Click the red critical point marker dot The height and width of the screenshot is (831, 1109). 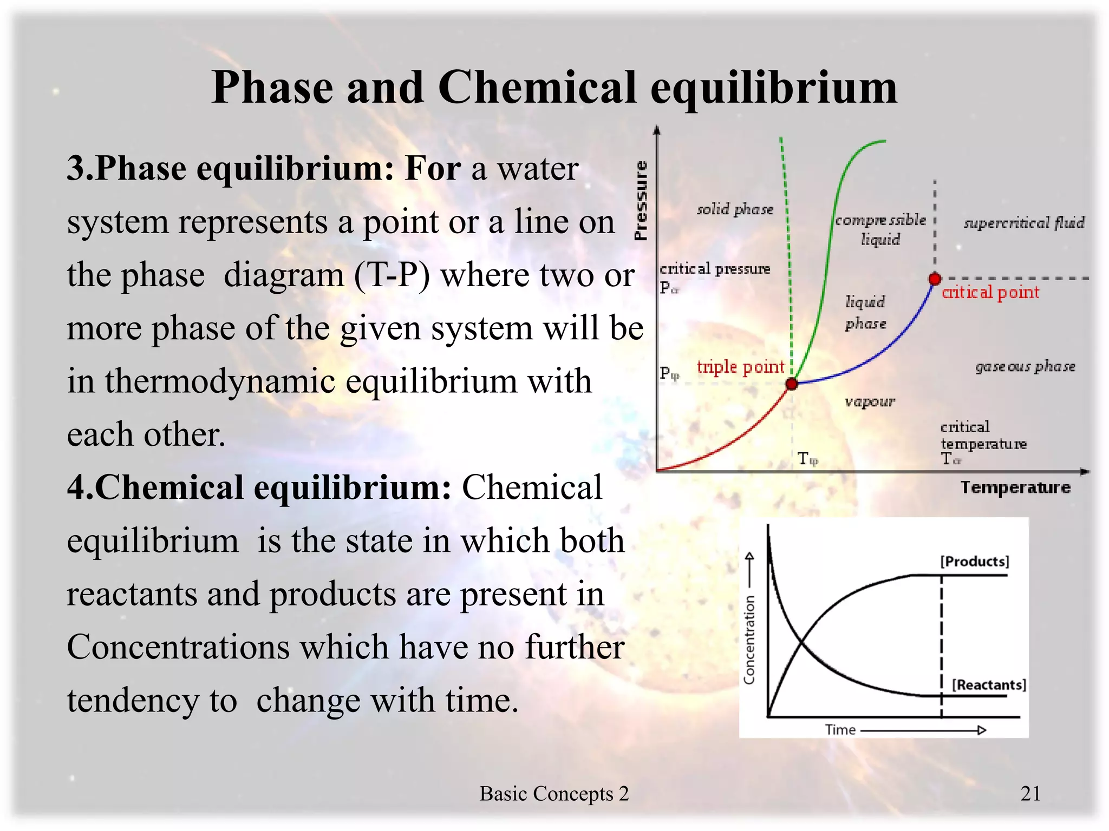(935, 279)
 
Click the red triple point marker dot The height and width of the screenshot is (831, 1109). (792, 384)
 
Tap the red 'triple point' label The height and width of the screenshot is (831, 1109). (740, 367)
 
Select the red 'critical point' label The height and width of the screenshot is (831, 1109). (990, 293)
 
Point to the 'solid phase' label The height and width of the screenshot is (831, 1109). (735, 209)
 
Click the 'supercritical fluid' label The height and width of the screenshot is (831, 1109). (1024, 222)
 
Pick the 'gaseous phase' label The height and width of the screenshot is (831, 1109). (1025, 367)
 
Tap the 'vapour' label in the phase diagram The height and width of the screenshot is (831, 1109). (870, 401)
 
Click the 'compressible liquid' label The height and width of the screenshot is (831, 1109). (880, 229)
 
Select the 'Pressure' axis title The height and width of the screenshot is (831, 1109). (641, 200)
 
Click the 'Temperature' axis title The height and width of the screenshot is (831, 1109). (1015, 487)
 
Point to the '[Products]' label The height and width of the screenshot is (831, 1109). (975, 561)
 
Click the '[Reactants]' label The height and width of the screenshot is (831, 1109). (989, 685)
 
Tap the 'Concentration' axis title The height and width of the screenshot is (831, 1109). (749, 639)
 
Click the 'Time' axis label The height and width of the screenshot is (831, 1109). (840, 730)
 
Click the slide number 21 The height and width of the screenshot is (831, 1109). (1030, 794)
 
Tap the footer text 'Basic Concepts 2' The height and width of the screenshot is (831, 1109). (554, 794)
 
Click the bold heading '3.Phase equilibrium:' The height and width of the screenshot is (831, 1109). (231, 168)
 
